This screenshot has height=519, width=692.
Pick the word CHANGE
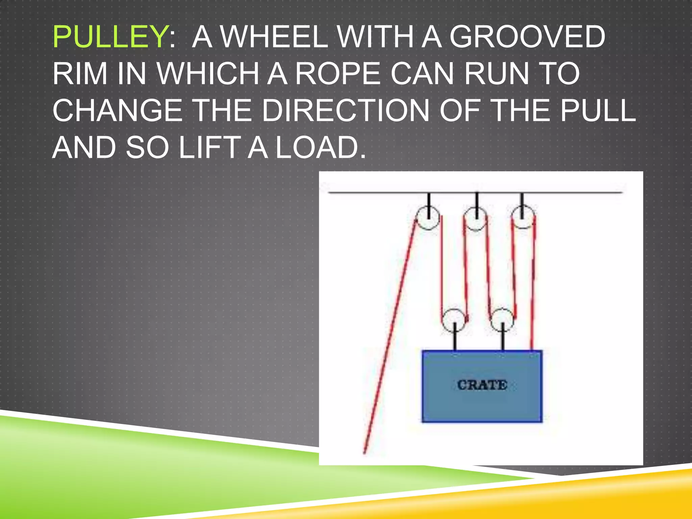(117, 110)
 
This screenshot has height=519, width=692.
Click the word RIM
(80, 74)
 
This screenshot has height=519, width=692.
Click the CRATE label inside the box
(482, 385)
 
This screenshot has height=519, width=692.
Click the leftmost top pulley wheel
(428, 218)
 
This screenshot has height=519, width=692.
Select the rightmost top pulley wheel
(523, 217)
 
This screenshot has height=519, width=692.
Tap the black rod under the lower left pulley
(455, 340)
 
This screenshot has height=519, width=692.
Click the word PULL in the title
(598, 110)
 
